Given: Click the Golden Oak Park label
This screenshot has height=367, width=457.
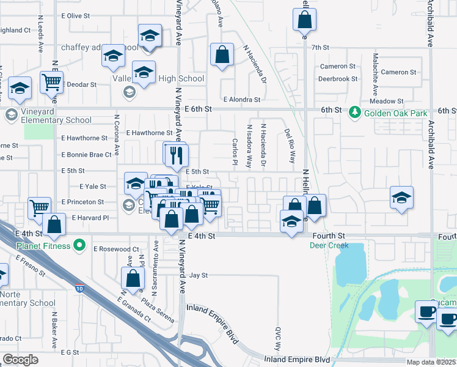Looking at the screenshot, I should click(x=390, y=113).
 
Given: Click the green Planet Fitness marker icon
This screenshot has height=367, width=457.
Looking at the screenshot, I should click(x=79, y=246).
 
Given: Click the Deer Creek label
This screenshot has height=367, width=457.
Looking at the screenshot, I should click(x=329, y=245).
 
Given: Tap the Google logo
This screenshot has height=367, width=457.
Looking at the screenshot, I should click(x=20, y=360).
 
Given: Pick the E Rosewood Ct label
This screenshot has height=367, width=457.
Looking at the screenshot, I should click(x=116, y=249).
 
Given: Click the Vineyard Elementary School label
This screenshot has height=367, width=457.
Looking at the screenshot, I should click(x=56, y=120).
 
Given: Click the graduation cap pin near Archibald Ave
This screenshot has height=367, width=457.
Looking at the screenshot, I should click(x=401, y=197).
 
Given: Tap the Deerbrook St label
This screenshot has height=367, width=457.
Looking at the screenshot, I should click(x=338, y=79).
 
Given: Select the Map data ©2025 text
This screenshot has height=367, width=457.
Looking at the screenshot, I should click(x=431, y=362).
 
